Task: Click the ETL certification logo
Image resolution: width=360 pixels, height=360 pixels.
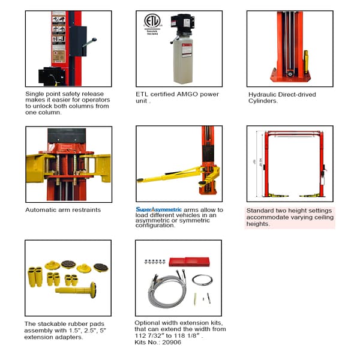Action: (152, 22)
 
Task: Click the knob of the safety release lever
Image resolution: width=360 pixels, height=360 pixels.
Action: (94, 41)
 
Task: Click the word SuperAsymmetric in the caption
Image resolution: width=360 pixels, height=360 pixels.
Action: (158, 209)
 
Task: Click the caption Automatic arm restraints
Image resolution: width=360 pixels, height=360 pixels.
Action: (63, 210)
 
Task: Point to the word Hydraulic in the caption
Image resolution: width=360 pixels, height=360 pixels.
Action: (263, 94)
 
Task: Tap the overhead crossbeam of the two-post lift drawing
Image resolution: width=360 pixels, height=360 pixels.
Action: (290, 133)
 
